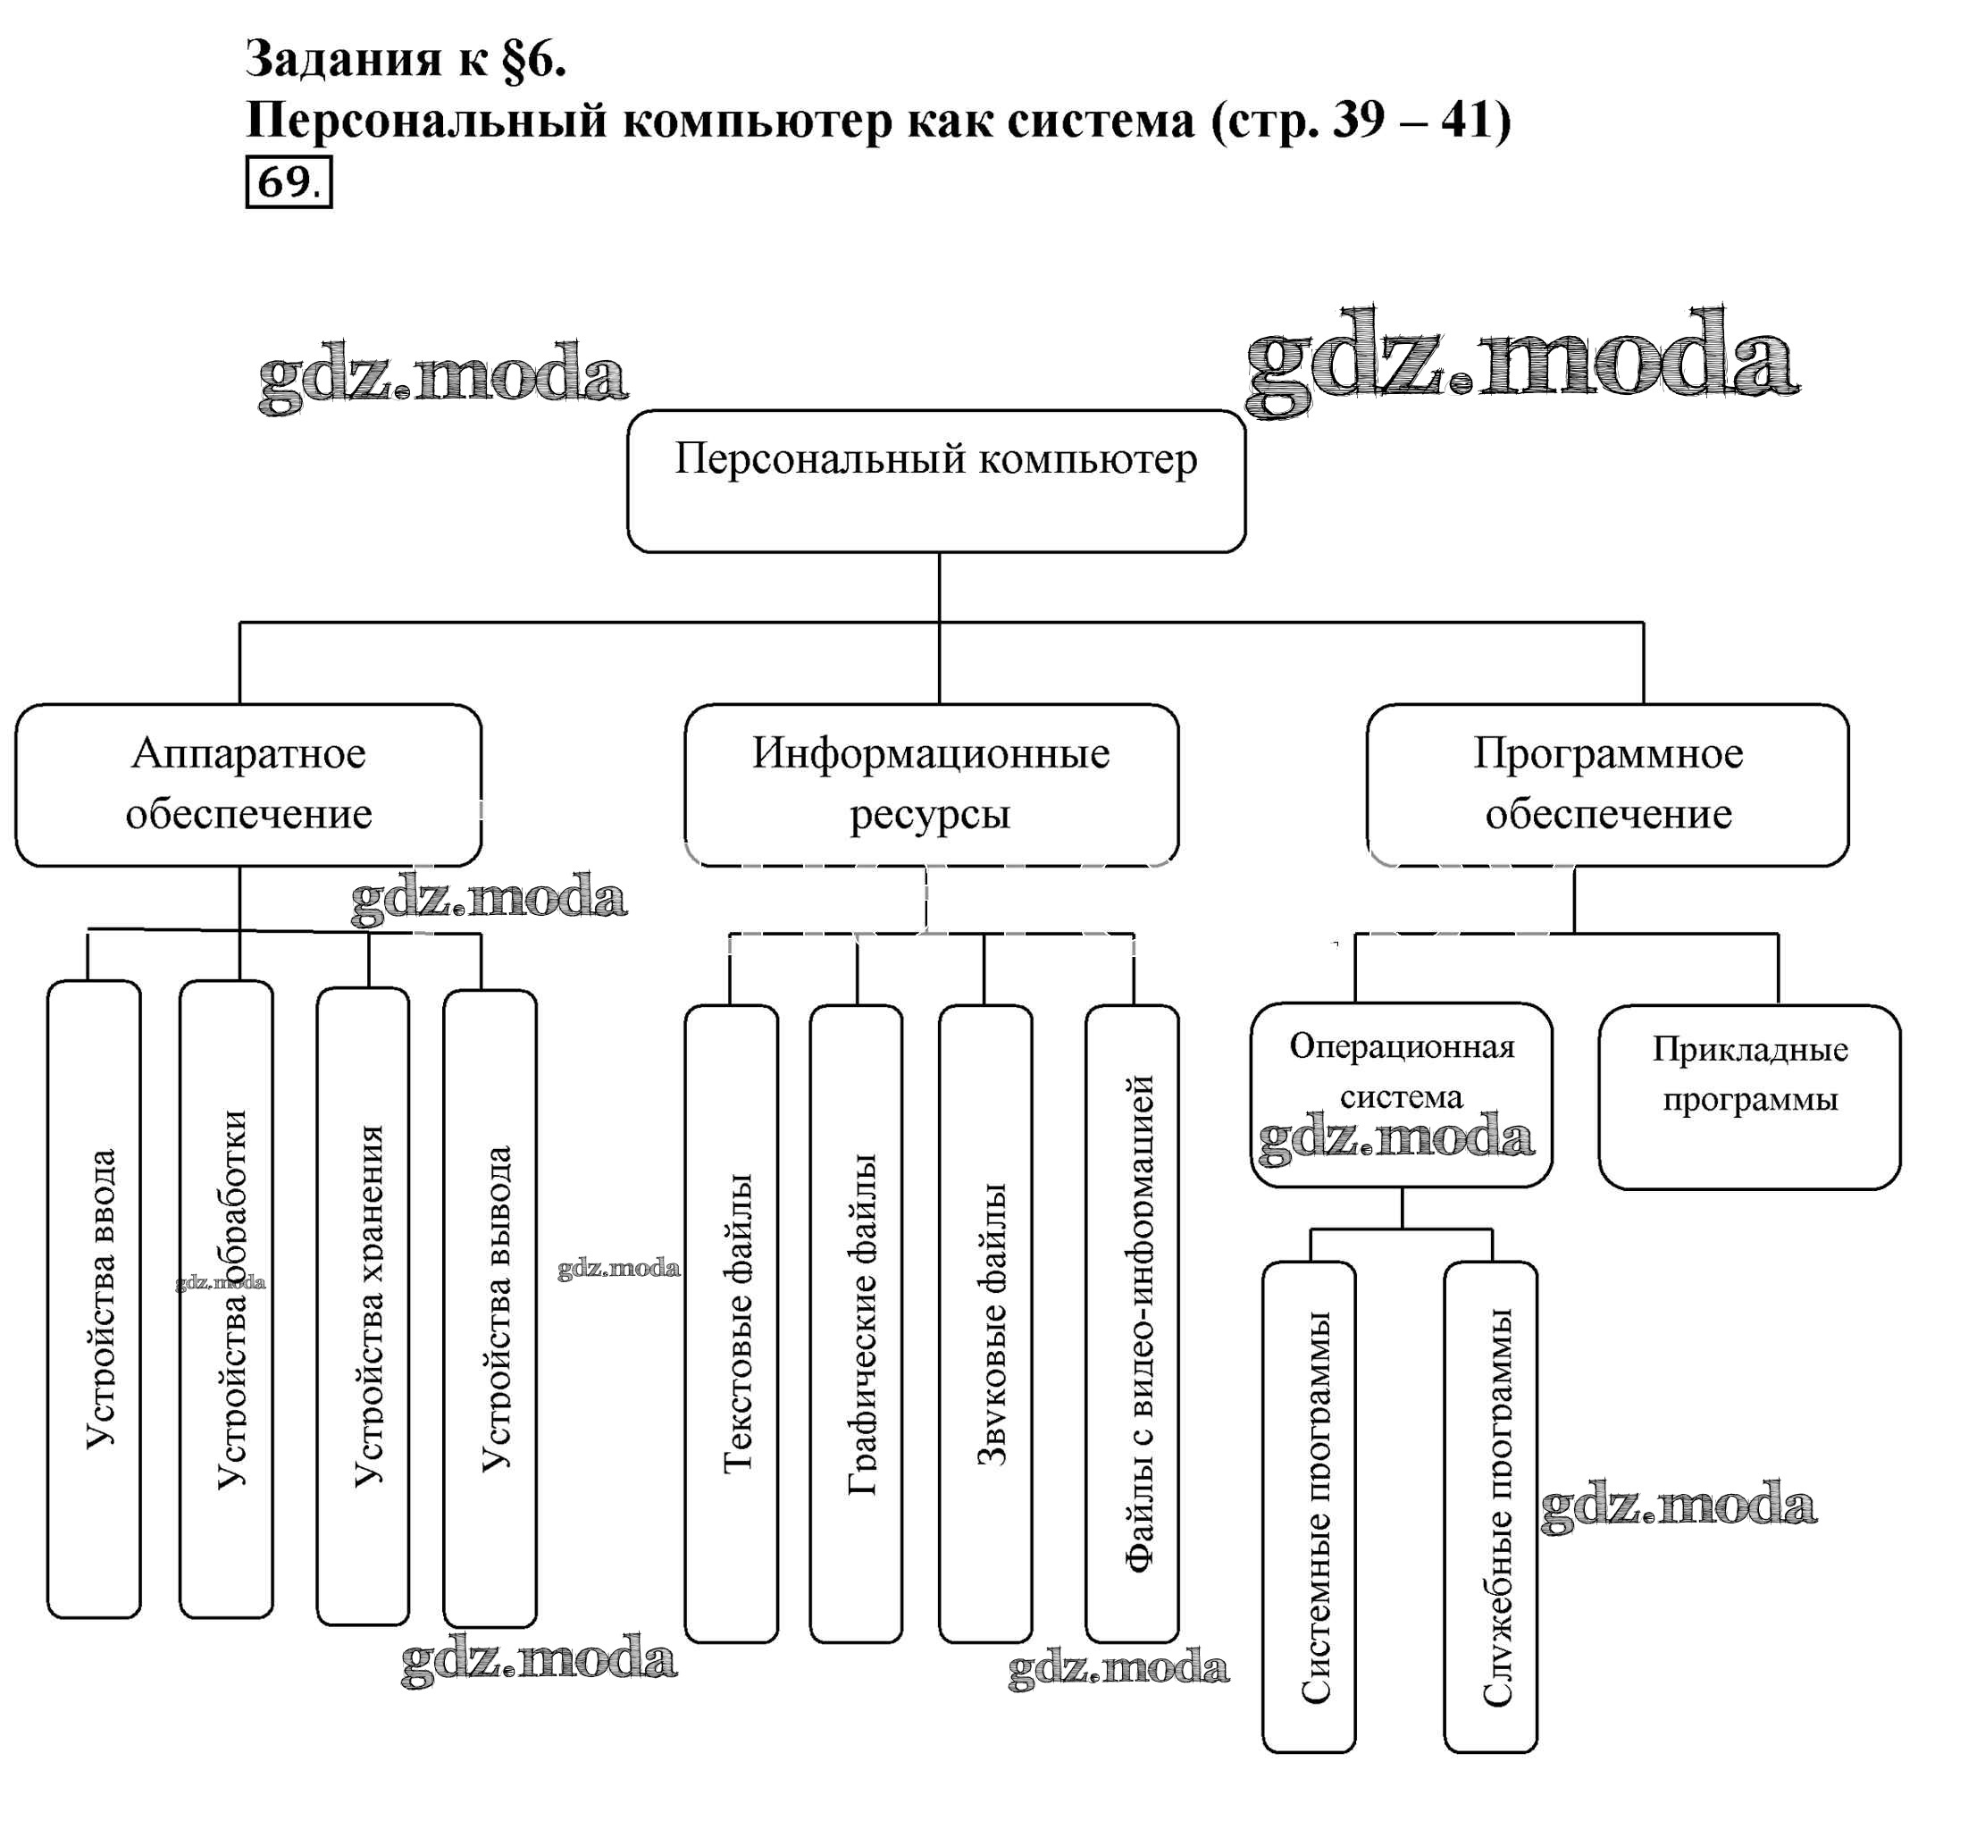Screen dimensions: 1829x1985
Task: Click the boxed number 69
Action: [288, 182]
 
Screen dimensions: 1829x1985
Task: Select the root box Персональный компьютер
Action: [935, 481]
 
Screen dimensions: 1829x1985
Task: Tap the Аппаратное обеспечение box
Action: [248, 784]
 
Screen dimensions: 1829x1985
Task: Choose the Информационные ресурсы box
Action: [930, 784]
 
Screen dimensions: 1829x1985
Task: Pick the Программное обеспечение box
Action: [1607, 784]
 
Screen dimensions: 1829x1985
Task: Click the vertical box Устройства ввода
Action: [95, 1298]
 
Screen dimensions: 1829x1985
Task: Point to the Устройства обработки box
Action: [227, 1298]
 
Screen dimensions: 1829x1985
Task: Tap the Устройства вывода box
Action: [490, 1306]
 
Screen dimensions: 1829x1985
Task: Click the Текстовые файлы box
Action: [732, 1322]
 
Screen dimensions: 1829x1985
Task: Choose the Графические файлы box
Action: [856, 1322]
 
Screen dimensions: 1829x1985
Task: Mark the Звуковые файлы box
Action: [985, 1322]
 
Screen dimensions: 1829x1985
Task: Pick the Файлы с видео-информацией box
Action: [1132, 1322]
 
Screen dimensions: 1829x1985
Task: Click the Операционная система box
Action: [1401, 1094]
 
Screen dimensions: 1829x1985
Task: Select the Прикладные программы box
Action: [1749, 1096]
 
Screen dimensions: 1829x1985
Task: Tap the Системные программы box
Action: [1309, 1506]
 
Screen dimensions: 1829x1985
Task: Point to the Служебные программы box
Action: [1490, 1506]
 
